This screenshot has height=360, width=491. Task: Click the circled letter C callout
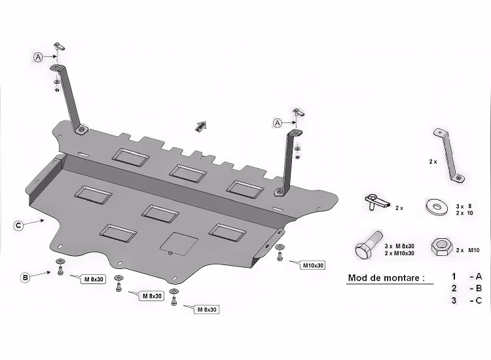[x=18, y=225]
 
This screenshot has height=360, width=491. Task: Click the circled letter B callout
[x=26, y=278]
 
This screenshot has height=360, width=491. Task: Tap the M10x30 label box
[x=313, y=266]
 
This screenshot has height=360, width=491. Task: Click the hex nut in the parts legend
[x=442, y=247]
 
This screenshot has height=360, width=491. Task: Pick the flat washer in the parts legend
[x=437, y=206]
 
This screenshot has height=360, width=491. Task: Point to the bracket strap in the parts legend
[x=448, y=155]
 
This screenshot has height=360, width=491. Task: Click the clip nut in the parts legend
[x=377, y=202]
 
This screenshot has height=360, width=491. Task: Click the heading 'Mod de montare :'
[x=386, y=278]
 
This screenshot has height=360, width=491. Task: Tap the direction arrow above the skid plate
[x=200, y=126]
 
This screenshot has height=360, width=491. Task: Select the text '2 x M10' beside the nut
[x=467, y=250]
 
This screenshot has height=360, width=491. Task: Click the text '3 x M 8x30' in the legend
[x=399, y=246]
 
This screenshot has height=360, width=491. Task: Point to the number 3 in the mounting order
[x=454, y=300]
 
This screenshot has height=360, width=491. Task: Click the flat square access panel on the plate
[x=179, y=243]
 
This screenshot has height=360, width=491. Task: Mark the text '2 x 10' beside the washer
[x=464, y=213]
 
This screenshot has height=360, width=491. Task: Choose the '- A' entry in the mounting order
[x=476, y=276]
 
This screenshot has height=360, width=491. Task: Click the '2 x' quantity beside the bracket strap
[x=433, y=162]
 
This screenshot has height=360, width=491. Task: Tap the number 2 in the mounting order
[x=454, y=288]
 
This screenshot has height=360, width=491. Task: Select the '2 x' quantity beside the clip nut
[x=399, y=208]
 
